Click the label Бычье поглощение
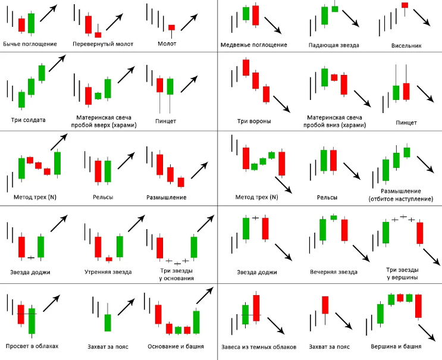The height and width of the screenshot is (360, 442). (x=30, y=45)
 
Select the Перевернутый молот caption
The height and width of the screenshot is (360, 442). (x=103, y=45)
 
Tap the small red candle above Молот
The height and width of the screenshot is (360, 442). (x=171, y=27)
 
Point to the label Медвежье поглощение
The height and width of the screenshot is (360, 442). (x=253, y=45)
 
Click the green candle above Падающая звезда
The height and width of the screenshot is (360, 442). (x=324, y=15)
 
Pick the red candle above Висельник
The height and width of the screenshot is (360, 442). (x=405, y=5)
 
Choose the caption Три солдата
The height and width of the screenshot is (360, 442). (x=30, y=120)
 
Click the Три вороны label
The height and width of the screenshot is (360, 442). (x=254, y=122)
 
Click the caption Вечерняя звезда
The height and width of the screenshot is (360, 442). (x=334, y=272)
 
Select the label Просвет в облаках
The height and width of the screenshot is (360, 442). (x=30, y=346)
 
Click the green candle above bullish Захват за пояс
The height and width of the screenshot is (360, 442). (x=108, y=323)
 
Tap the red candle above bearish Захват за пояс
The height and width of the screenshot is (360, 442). (x=325, y=305)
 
